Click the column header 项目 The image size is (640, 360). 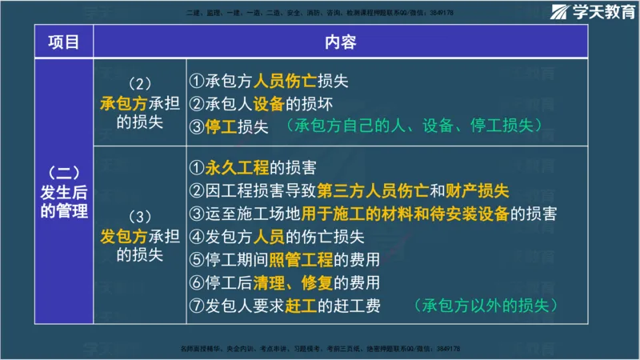pos(64,42)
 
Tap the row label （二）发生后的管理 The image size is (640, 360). pos(64,192)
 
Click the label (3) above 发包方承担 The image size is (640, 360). pos(139,217)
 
